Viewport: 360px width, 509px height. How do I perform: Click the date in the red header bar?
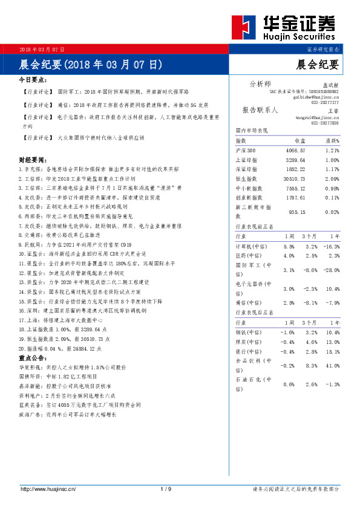[x=42, y=48]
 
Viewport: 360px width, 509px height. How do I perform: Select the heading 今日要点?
[x=33, y=80]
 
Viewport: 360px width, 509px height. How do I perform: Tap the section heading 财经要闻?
[x=33, y=160]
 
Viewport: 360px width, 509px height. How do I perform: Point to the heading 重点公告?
[x=33, y=357]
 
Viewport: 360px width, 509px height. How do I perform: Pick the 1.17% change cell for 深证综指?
[x=332, y=169]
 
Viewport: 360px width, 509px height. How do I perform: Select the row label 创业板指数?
[x=249, y=198]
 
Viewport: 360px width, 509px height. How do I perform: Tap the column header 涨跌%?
[x=332, y=140]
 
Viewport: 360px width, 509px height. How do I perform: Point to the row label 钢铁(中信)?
[x=247, y=333]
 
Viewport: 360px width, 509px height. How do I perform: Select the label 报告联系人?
[x=260, y=110]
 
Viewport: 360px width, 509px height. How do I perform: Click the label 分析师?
[x=260, y=83]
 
